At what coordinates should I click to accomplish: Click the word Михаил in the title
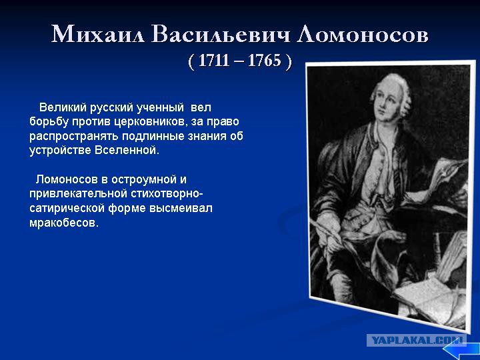(97, 33)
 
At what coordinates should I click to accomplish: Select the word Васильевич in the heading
(221, 33)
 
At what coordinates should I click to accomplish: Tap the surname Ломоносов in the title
(363, 33)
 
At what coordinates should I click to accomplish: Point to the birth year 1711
(214, 60)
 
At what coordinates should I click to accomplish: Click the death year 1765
(264, 60)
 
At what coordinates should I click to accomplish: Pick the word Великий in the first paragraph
(63, 107)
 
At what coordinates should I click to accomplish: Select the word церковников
(150, 122)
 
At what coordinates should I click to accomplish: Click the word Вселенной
(127, 150)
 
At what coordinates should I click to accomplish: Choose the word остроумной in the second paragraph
(144, 179)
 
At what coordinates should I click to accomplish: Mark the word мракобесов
(64, 223)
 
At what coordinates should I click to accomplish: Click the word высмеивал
(181, 208)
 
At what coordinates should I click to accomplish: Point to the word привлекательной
(78, 194)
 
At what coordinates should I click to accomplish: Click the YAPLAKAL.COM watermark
(417, 340)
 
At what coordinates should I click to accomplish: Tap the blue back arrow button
(461, 349)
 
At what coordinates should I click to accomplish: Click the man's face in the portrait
(385, 103)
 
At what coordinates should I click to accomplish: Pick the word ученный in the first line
(159, 107)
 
